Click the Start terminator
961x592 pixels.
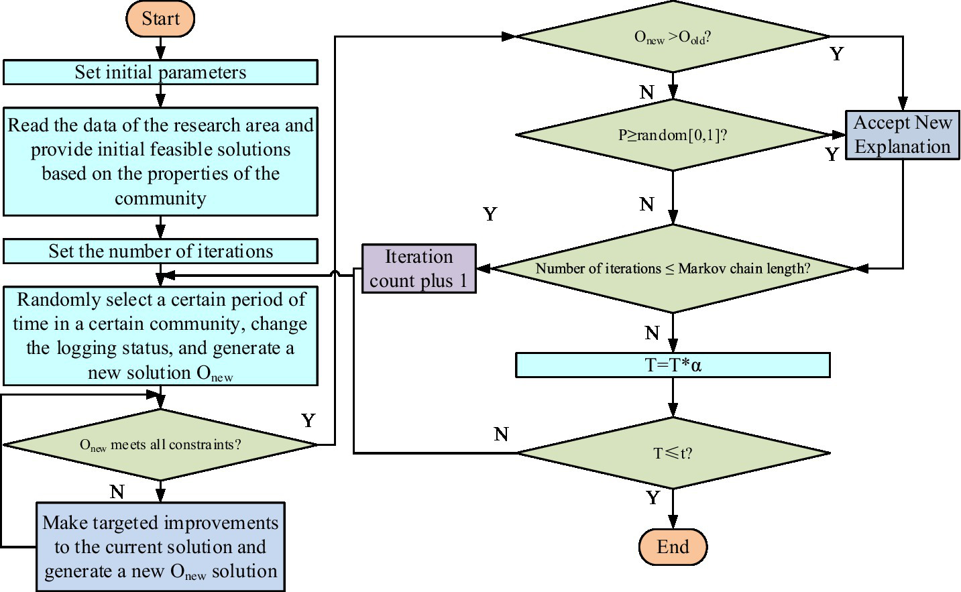160,19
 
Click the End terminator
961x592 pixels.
673,547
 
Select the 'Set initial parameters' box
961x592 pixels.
160,72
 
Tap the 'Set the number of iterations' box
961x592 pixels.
160,251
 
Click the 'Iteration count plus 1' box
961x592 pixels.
418,268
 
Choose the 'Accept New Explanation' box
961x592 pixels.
902,135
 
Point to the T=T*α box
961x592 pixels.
673,365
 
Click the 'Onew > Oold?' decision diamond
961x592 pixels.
673,37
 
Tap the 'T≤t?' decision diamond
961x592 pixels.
673,453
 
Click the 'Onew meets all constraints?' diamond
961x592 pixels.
160,445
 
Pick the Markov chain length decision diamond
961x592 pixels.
673,269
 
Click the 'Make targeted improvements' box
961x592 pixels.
160,547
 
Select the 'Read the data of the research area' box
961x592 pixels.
160,162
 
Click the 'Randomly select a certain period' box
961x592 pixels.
160,336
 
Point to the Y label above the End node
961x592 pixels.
653,498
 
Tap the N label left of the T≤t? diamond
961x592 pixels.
501,434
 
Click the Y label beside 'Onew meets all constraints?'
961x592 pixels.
308,421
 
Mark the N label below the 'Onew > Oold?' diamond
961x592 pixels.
646,93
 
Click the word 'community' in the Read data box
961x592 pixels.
160,198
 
